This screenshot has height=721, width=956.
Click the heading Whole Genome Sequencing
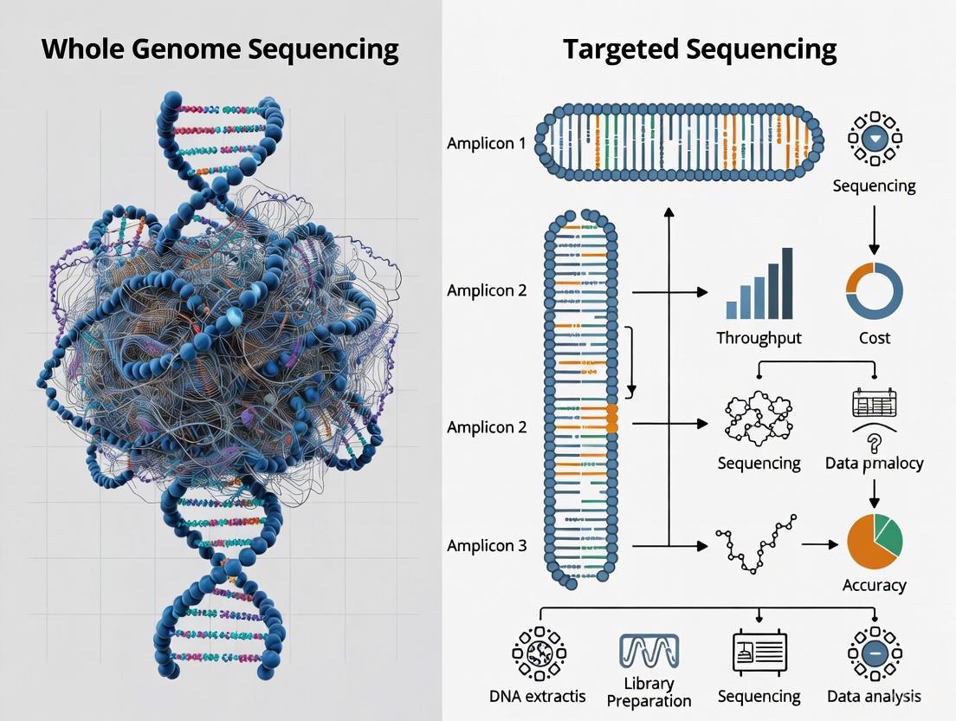220,49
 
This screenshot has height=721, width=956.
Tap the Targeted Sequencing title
700,49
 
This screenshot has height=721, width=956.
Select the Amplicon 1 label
486,143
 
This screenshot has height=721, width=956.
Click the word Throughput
759,338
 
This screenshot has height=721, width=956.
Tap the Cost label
874,338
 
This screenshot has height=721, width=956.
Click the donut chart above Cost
874,289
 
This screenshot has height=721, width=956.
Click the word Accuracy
874,585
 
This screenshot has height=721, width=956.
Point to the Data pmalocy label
874,463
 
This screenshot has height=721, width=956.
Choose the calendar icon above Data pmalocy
874,403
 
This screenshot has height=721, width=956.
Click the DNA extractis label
537,696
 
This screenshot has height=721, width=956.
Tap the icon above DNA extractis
539,653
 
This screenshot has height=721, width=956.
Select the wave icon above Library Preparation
649,651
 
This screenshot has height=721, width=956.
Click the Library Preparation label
649,692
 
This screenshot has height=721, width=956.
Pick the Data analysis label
874,696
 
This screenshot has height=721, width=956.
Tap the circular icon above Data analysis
874,653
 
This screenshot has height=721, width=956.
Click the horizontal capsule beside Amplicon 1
679,143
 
